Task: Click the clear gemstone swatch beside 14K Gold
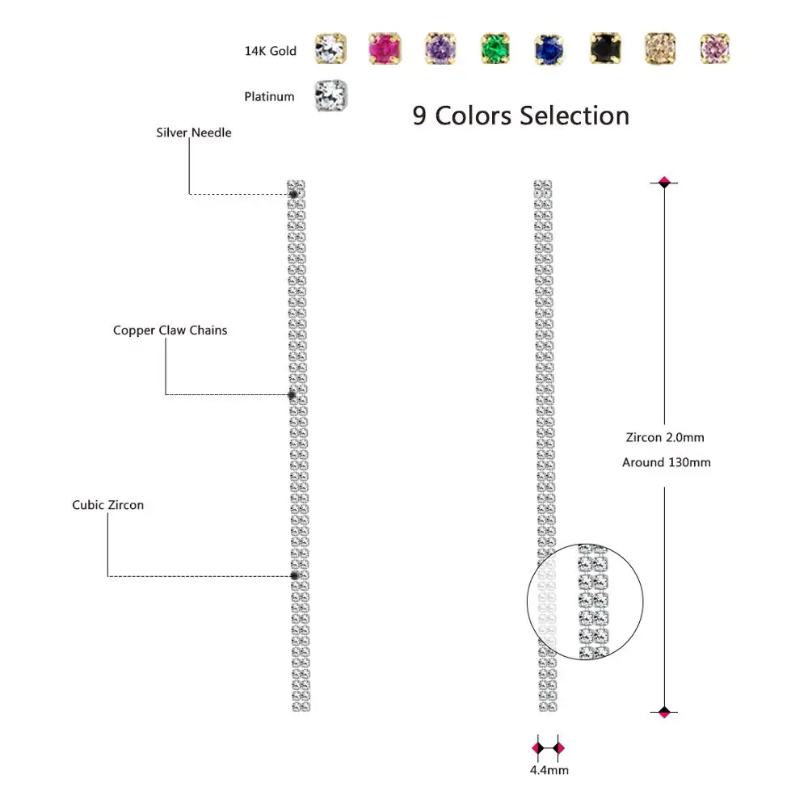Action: point(330,49)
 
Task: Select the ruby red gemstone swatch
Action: point(385,49)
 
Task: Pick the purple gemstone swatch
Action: point(440,49)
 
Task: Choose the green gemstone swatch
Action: point(495,49)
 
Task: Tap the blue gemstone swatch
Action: point(549,49)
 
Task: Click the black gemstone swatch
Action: point(605,49)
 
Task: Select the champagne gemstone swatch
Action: point(660,49)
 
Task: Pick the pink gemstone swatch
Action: point(715,49)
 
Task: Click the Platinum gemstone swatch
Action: point(330,96)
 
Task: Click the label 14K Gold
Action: point(270,51)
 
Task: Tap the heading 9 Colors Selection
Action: point(520,116)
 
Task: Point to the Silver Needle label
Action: point(193,133)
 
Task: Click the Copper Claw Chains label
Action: point(170,330)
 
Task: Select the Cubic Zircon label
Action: point(107,505)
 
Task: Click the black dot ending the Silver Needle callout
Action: point(293,193)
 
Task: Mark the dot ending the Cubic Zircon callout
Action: point(294,575)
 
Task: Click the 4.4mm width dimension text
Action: point(549,770)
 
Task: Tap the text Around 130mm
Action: point(666,463)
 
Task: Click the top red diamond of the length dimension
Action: point(664,183)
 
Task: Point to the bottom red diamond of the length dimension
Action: point(664,712)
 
